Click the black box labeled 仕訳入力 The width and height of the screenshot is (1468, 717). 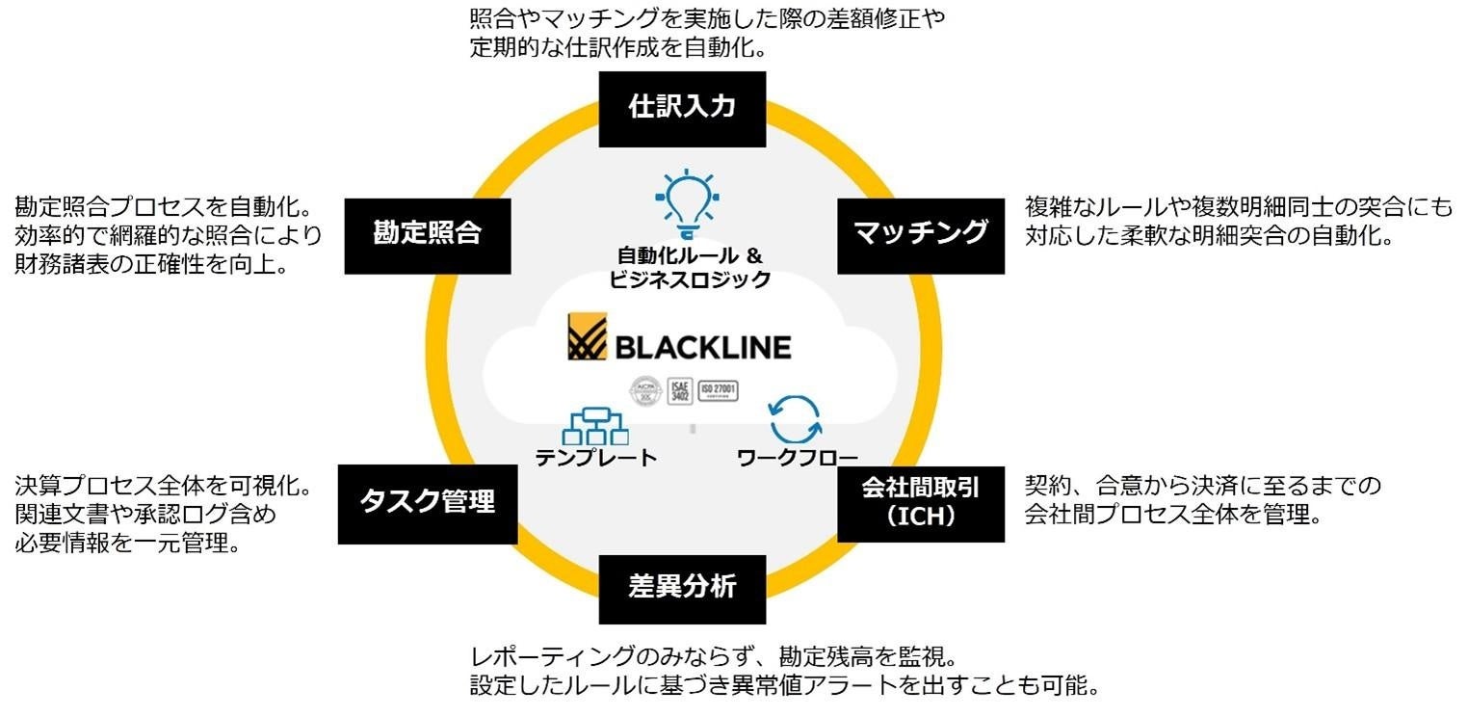[x=682, y=106]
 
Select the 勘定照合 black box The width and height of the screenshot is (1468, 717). [x=427, y=233]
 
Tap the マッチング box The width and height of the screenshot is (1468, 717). [x=921, y=233]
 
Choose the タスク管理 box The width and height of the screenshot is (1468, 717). [x=427, y=502]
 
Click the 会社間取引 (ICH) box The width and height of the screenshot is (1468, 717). [x=921, y=502]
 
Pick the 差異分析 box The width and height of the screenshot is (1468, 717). [x=682, y=587]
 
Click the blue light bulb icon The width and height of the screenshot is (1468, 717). [x=685, y=202]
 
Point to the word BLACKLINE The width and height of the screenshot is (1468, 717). [x=702, y=347]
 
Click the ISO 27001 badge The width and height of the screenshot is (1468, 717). [x=718, y=391]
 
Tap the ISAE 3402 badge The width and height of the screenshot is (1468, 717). [x=680, y=392]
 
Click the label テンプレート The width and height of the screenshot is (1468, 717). [x=595, y=459]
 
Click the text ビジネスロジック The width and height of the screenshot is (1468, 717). [x=690, y=280]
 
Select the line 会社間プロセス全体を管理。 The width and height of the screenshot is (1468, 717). [x=1171, y=515]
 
